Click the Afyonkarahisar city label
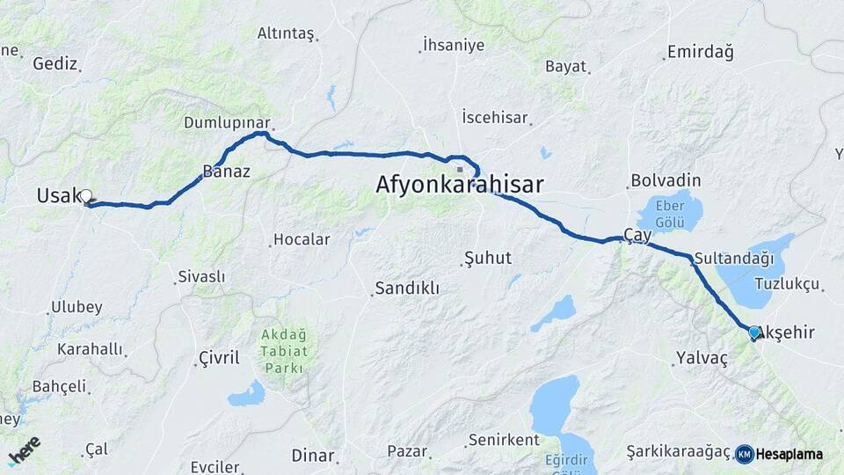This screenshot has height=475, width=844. click(459, 185)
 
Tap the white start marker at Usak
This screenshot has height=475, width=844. click(87, 197)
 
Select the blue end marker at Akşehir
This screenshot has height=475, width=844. click(753, 332)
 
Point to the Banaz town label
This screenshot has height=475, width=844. click(226, 172)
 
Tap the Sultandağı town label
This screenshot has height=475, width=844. click(733, 259)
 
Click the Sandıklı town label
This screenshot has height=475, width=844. click(406, 289)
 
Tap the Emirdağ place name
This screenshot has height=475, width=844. click(700, 52)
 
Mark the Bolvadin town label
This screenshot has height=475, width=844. click(666, 180)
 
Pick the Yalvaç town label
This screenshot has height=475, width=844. click(702, 358)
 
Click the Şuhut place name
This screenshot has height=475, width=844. click(486, 259)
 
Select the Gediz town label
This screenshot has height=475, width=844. click(55, 63)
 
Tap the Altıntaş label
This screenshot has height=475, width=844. click(285, 33)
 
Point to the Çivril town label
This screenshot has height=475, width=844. click(218, 358)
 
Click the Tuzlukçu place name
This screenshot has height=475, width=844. click(787, 284)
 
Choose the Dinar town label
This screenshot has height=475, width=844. click(313, 456)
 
